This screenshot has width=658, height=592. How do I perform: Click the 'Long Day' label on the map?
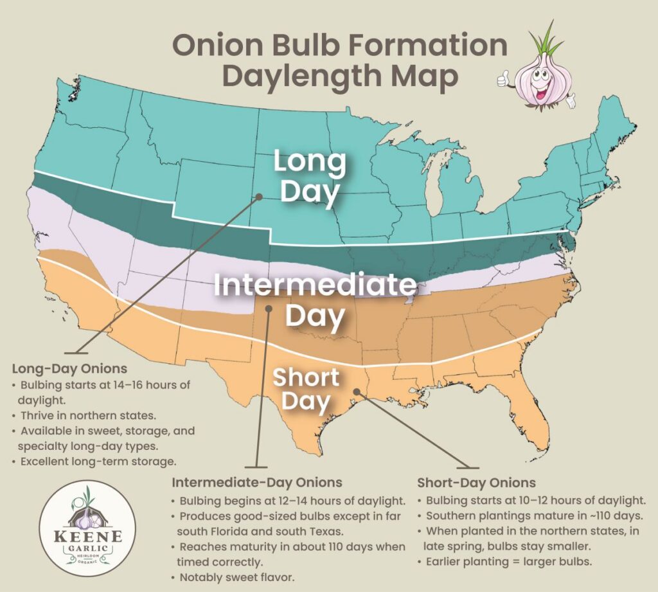click(309, 177)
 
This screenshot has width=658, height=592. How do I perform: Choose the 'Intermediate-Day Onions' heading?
click(256, 482)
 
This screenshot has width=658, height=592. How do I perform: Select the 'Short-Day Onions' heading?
click(476, 482)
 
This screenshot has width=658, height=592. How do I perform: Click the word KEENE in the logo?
click(87, 535)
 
